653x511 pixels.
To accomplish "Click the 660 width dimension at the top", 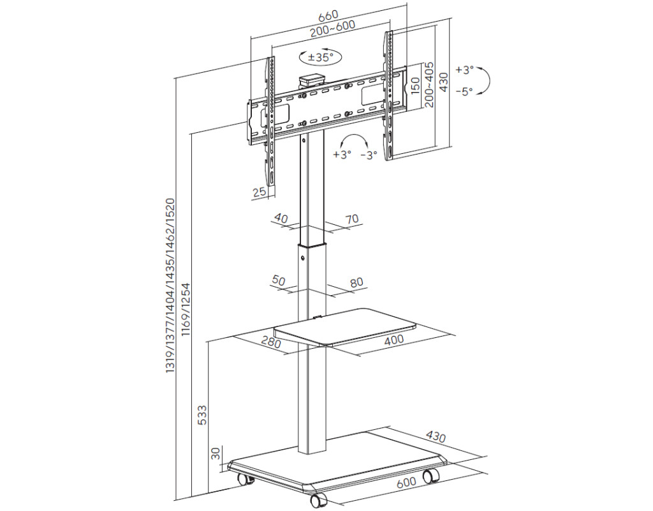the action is click(328, 16).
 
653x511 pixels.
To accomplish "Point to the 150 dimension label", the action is click(415, 86).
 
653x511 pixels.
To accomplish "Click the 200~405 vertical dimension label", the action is click(429, 85).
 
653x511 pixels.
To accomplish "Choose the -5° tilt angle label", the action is click(464, 91).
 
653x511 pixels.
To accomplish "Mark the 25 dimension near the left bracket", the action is click(260, 192).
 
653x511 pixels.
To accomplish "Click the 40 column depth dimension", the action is click(281, 218).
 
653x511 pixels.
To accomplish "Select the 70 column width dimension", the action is click(352, 218).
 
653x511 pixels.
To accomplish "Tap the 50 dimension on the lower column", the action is click(278, 280).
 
